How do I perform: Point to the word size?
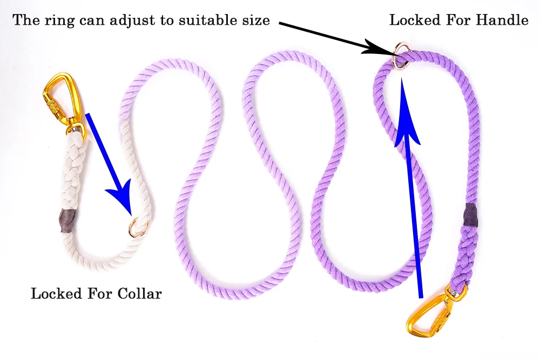point(256,21)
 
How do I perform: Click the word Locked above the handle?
point(416,21)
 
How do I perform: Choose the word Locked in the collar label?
point(57,294)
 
